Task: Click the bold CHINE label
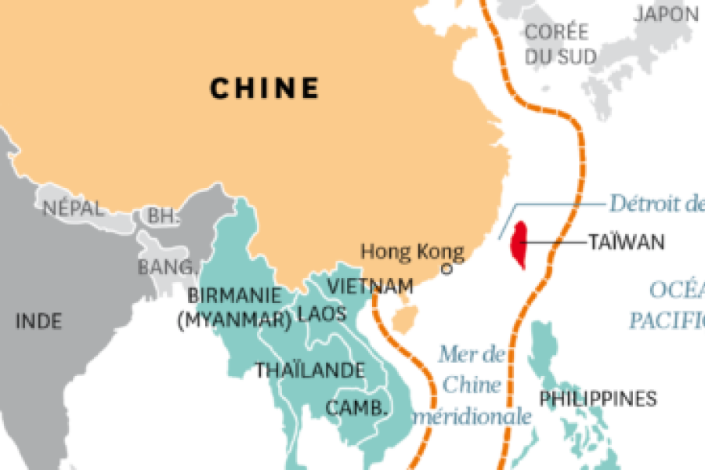(x=265, y=88)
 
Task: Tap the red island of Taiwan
(x=519, y=244)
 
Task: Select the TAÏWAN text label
(x=627, y=242)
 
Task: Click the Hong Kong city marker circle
(x=447, y=269)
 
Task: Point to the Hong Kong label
(x=412, y=252)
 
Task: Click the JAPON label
(x=666, y=13)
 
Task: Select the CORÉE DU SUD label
(x=558, y=44)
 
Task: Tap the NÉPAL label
(x=72, y=209)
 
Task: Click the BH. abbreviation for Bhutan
(x=163, y=217)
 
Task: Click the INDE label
(x=38, y=320)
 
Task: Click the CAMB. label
(x=357, y=407)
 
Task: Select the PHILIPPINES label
(x=598, y=399)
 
